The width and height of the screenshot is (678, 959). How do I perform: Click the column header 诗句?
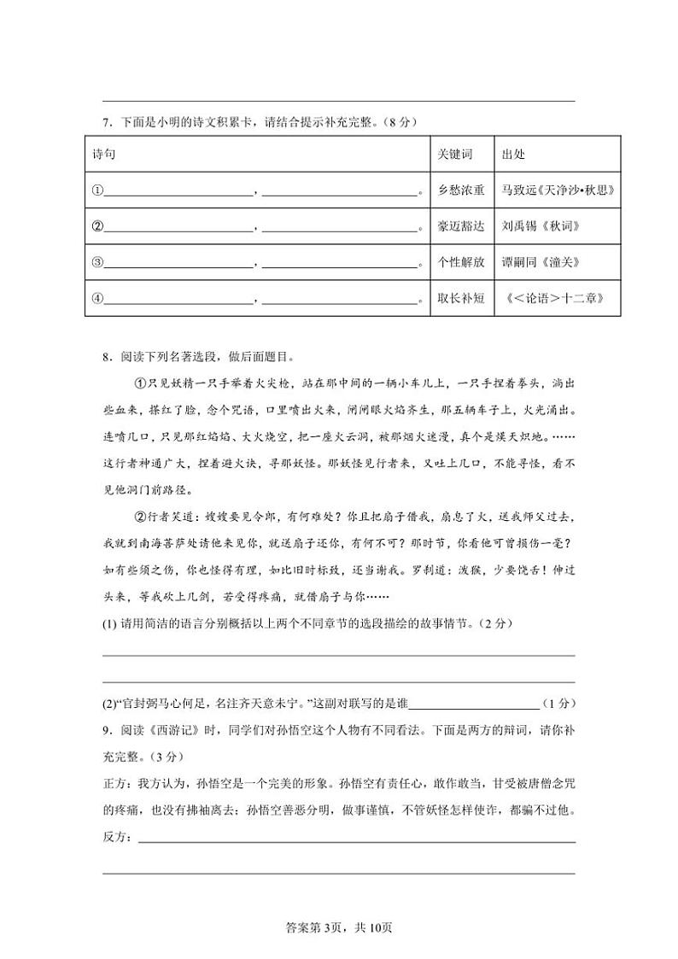point(103,155)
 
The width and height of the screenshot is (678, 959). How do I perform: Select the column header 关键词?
point(454,155)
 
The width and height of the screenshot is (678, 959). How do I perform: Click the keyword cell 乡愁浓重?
point(460,190)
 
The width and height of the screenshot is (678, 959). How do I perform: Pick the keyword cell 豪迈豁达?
point(460,226)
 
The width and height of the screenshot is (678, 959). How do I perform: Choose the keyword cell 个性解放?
point(460,262)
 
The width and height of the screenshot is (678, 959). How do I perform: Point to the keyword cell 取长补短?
point(460,298)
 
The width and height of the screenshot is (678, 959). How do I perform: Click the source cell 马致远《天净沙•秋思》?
point(558,190)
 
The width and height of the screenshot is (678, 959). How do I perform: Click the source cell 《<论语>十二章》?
point(556,298)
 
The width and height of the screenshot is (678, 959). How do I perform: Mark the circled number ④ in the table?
point(97,299)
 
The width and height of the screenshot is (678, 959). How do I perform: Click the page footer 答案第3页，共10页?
point(339,927)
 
